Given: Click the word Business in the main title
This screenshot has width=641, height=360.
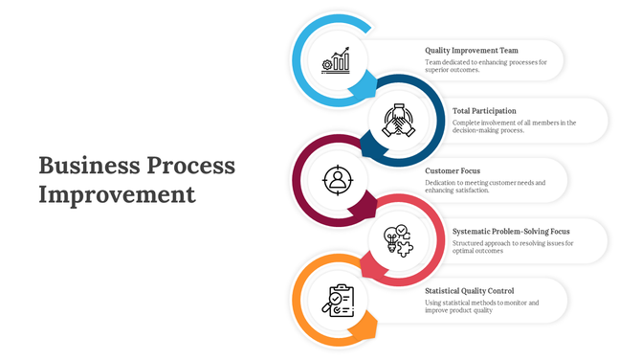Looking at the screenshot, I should click(x=88, y=166).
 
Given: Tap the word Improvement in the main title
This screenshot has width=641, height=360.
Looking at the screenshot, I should click(x=117, y=195).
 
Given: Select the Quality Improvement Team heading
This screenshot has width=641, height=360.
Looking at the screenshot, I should click(x=472, y=51).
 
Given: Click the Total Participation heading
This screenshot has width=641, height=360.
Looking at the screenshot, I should click(x=485, y=111).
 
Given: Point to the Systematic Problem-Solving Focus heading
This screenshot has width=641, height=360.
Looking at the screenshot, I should click(x=511, y=231).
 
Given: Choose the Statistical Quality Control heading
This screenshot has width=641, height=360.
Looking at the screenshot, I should click(x=469, y=291).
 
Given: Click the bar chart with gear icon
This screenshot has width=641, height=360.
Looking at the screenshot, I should click(x=337, y=60).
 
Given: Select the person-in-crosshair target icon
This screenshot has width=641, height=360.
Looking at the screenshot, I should click(x=337, y=179).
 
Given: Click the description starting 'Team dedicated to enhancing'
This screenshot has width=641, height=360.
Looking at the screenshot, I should click(x=486, y=66).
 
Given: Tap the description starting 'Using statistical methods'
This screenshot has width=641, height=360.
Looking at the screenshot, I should click(x=482, y=306).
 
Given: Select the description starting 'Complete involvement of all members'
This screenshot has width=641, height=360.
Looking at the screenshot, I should click(x=514, y=126).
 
